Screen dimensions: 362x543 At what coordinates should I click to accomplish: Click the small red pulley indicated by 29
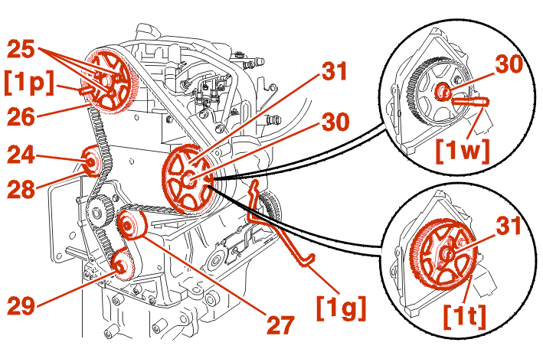tap(120, 267)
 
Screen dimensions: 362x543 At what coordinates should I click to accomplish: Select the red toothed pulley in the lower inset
tap(440, 256)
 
